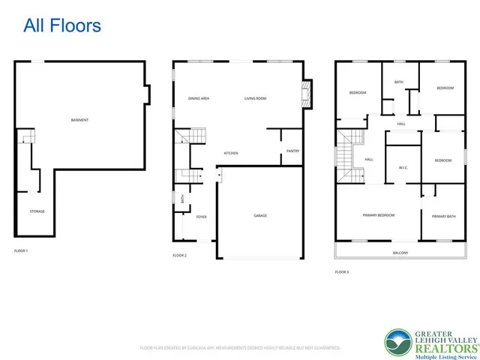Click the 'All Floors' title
click(x=62, y=25)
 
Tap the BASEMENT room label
click(x=80, y=120)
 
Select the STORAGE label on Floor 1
click(x=37, y=211)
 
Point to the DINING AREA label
click(x=199, y=98)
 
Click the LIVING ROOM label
click(x=256, y=98)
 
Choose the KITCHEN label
click(x=231, y=153)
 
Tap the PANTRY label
click(x=292, y=151)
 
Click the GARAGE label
click(x=259, y=216)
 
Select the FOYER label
click(x=201, y=217)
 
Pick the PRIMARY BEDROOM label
click(x=379, y=215)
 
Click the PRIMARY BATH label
click(x=443, y=216)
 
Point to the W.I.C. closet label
click(x=403, y=168)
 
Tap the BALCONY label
click(x=400, y=253)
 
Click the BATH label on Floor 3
click(x=399, y=82)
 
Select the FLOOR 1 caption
click(x=21, y=250)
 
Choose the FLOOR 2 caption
click(x=179, y=256)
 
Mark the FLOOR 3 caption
click(x=341, y=271)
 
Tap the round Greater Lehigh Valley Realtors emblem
click(x=397, y=342)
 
